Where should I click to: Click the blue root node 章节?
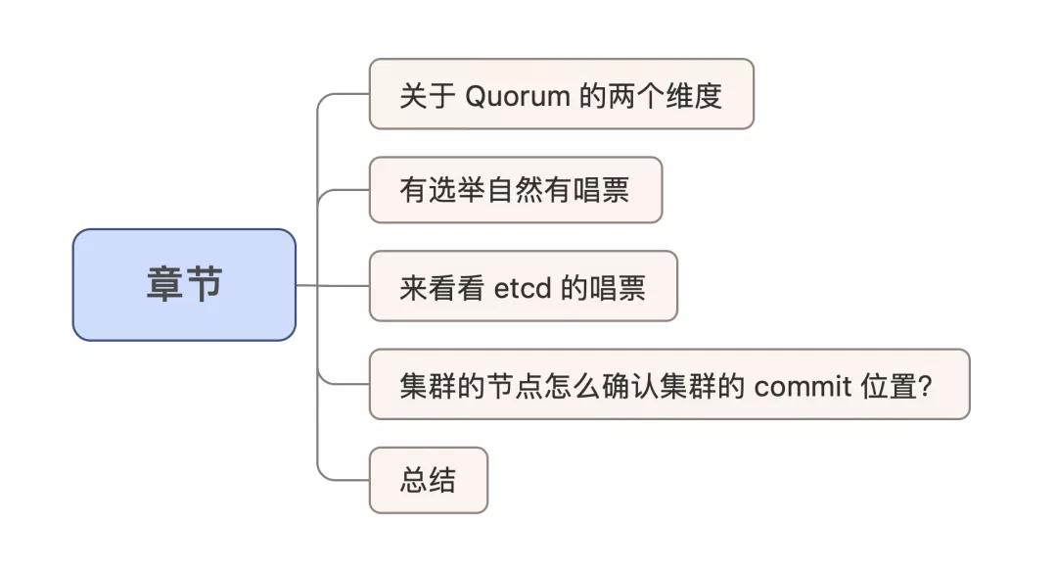(184, 285)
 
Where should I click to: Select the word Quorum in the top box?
(518, 97)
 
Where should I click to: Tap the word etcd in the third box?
(523, 288)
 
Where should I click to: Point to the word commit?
(803, 387)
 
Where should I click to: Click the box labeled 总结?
(428, 480)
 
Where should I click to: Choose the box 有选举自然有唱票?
(516, 190)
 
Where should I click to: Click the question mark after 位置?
(925, 387)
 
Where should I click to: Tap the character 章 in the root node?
(165, 284)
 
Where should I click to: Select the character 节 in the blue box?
(205, 284)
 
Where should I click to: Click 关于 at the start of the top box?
(428, 96)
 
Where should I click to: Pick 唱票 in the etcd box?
(619, 288)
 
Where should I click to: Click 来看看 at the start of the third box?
(441, 288)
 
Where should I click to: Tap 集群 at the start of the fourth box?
(428, 387)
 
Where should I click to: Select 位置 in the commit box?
(889, 387)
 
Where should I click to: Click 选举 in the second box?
(456, 190)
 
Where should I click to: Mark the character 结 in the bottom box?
(442, 480)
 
